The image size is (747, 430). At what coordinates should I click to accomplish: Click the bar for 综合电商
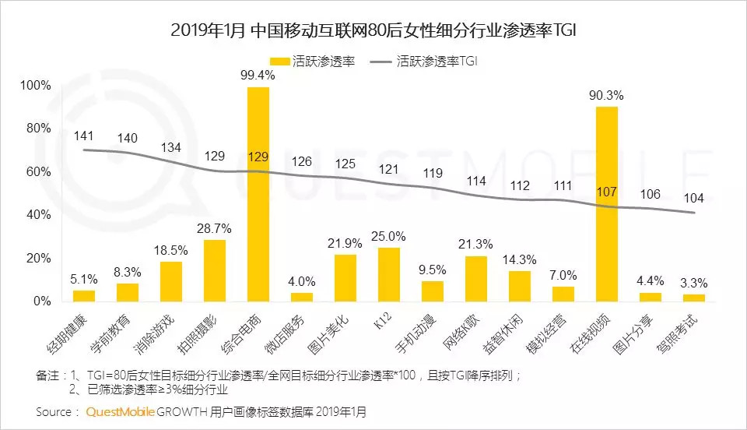coord(258,194)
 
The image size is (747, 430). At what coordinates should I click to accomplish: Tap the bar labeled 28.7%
coord(215,270)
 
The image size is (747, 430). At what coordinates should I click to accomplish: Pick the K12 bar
coord(389,273)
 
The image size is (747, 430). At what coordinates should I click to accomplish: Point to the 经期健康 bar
coord(84,295)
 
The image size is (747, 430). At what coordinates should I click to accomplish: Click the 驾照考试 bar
coord(694,297)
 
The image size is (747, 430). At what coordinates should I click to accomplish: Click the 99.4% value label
coord(258,75)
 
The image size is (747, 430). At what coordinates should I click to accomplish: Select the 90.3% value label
coord(607,95)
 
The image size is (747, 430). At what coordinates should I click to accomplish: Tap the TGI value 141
coord(84,136)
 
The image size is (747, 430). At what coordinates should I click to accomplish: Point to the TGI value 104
coord(694,198)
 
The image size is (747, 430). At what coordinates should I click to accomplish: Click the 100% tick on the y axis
coord(37,85)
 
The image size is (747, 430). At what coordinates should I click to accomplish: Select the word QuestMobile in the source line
coord(118,411)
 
